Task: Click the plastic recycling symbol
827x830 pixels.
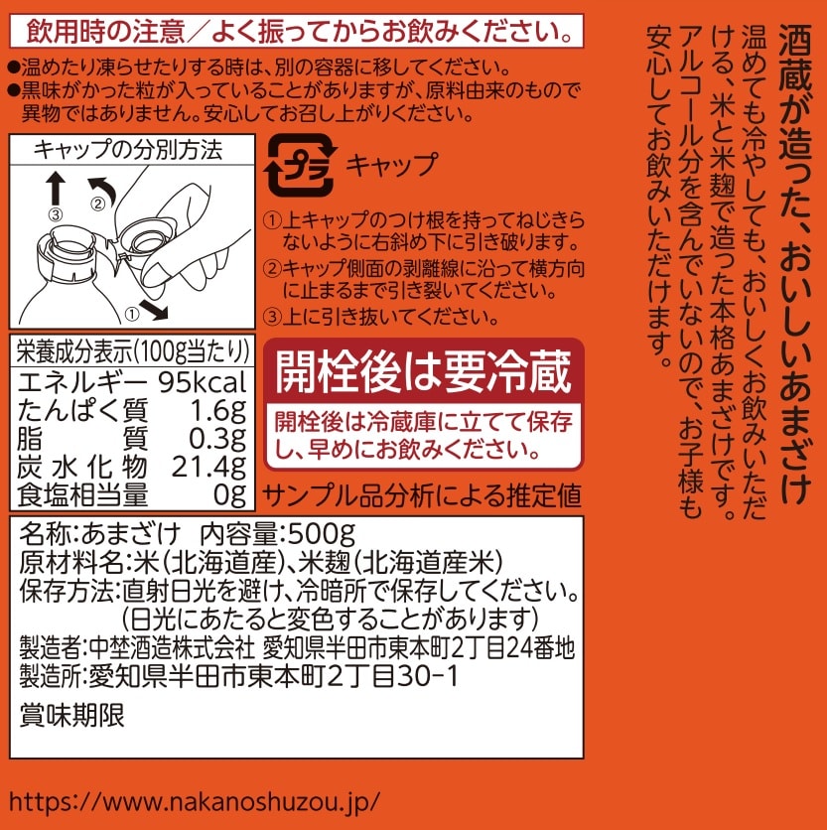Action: [300, 165]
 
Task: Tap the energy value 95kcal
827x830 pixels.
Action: [203, 382]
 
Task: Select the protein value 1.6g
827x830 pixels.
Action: [218, 411]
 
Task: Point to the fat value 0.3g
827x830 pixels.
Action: [217, 439]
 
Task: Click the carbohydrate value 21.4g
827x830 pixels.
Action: [209, 467]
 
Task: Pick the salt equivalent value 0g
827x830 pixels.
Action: [229, 495]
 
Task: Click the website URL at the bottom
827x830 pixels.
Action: [195, 802]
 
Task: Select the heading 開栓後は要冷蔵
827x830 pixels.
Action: [424, 371]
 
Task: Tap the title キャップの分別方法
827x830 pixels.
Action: [128, 150]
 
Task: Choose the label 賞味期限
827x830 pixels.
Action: [72, 716]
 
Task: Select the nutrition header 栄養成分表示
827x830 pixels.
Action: [74, 351]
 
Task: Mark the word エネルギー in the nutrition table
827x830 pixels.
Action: [82, 382]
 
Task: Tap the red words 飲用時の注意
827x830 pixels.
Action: [105, 31]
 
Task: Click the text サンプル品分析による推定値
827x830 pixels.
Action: [422, 496]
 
